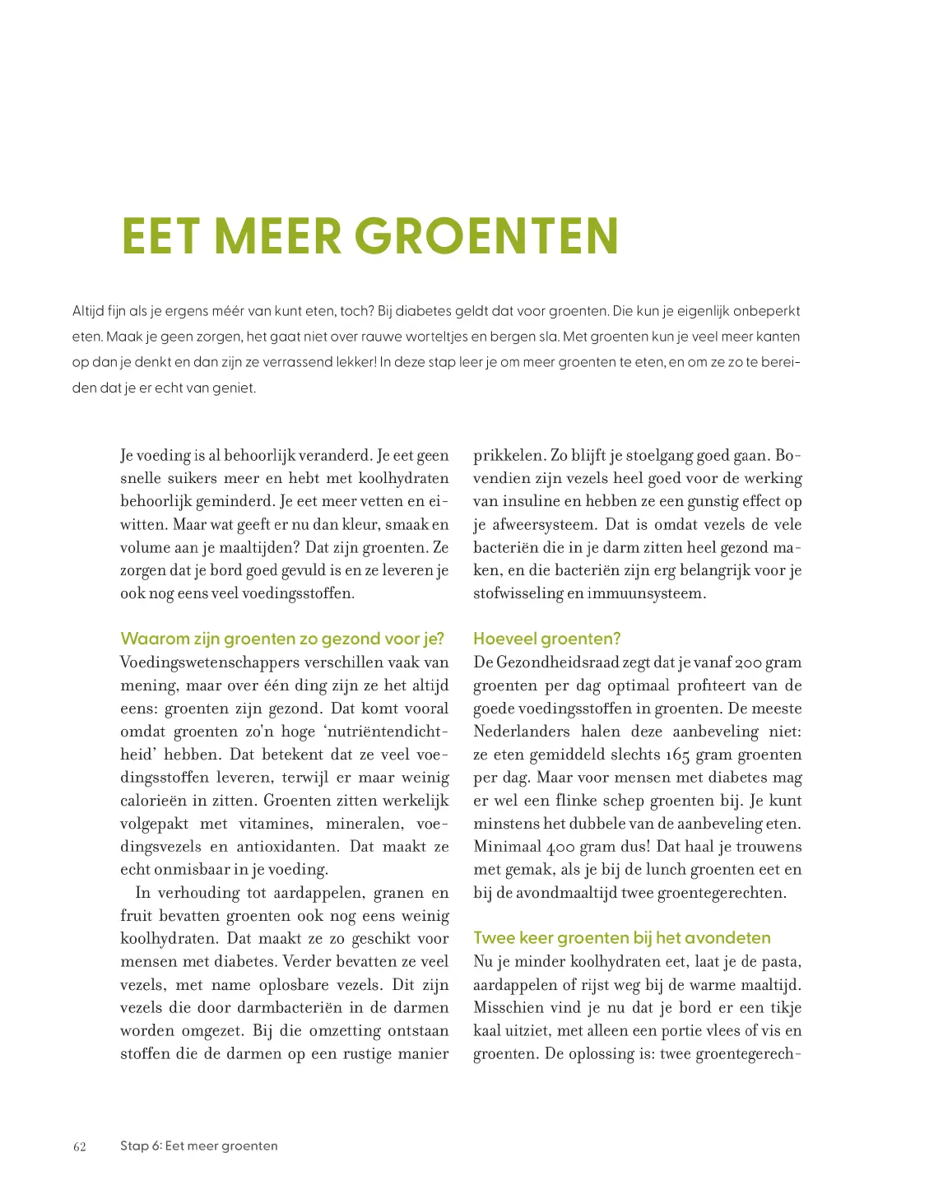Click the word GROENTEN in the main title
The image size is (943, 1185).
pyautogui.click(x=486, y=236)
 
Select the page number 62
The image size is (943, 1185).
pyautogui.click(x=80, y=1147)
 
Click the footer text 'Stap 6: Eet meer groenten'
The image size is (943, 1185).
pyautogui.click(x=198, y=1145)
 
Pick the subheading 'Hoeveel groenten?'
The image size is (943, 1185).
pyautogui.click(x=546, y=639)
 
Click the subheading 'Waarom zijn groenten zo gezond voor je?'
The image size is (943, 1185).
pyautogui.click(x=281, y=639)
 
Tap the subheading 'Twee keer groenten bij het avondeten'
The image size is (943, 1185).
pyautogui.click(x=621, y=938)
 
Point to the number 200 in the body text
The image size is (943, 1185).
pyautogui.click(x=748, y=662)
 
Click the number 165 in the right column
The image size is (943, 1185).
pyautogui.click(x=677, y=755)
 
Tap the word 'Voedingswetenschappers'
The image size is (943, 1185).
pyautogui.click(x=209, y=662)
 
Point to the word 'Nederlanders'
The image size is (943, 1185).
pyautogui.click(x=521, y=732)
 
